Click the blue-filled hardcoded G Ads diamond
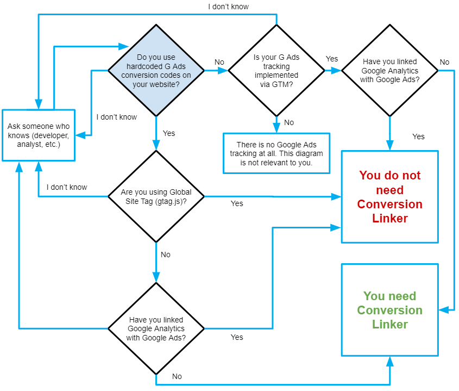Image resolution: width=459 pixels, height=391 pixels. pos(156,70)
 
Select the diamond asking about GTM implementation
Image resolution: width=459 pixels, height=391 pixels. pos(276,70)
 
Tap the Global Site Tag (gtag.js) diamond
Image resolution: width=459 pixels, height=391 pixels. pos(156,196)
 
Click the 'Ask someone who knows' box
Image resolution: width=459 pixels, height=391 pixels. pos(38,134)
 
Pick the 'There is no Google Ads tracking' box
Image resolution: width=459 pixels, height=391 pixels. pos(276,153)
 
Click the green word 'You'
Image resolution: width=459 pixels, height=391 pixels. pos(374,296)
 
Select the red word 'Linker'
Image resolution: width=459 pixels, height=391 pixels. pos(389,219)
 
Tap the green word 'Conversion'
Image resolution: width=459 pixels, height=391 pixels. pos(389,311)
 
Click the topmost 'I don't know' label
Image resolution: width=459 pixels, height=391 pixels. pos(228,7)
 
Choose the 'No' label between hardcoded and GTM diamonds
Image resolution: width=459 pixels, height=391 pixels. pos(219,62)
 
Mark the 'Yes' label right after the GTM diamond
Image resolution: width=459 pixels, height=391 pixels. pos(331,58)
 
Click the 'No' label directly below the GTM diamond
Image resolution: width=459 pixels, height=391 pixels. pos(289,122)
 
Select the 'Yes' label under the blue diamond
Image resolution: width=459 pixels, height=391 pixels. pos(169,133)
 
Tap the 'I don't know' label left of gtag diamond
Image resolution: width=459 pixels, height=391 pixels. pos(67,188)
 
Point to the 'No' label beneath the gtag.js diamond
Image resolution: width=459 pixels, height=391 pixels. pos(166,255)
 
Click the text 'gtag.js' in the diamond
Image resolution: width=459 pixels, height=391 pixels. pos(173,201)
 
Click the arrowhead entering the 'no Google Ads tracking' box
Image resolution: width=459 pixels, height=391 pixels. pos(276,129)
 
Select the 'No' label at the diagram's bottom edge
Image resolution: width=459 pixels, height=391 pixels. pos(177,376)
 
